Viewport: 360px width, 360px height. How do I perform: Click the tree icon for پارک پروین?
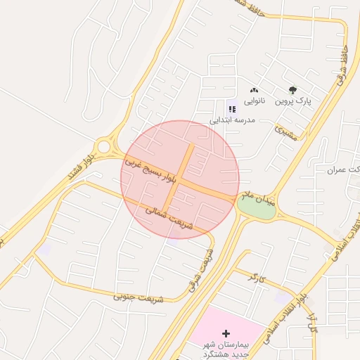(292, 90)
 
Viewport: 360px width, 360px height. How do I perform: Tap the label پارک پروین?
(292, 102)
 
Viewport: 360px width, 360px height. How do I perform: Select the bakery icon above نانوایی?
(255, 90)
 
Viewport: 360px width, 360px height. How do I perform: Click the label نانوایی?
(254, 102)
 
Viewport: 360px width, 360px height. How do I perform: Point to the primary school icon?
(231, 108)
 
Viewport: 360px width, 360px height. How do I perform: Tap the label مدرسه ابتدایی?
(231, 120)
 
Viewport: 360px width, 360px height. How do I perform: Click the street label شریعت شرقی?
(200, 270)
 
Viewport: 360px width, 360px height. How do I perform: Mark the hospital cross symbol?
(226, 333)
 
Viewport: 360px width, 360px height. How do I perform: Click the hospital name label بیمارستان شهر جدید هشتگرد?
(224, 348)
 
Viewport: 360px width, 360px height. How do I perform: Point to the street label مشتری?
(288, 131)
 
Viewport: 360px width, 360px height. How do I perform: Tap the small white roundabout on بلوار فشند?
(105, 147)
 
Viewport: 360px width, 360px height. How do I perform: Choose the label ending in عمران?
(344, 170)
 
